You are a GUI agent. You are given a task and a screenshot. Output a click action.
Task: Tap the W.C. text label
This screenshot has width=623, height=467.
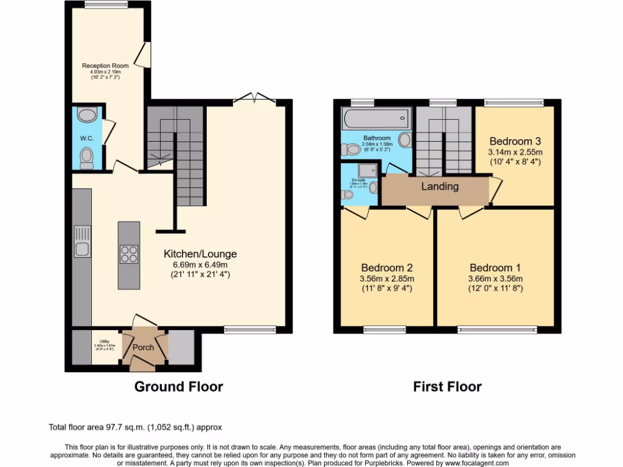86,138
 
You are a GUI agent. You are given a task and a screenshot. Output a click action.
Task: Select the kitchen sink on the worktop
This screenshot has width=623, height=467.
82,241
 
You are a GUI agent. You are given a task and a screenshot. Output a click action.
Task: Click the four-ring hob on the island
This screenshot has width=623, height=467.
129,254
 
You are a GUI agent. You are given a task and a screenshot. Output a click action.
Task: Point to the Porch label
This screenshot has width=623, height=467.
144,348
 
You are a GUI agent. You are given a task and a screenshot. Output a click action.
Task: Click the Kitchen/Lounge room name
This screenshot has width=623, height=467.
200,254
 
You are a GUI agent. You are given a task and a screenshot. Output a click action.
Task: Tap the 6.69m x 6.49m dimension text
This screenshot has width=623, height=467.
200,265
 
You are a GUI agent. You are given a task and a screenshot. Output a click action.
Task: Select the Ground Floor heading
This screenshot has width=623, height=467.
178,387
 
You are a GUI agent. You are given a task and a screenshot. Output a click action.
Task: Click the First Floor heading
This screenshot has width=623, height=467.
447,387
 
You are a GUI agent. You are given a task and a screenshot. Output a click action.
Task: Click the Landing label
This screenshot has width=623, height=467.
439,187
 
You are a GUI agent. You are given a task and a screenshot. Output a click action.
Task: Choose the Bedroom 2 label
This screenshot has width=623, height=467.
387,268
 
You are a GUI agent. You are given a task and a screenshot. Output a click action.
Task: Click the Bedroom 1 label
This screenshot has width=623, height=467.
495,268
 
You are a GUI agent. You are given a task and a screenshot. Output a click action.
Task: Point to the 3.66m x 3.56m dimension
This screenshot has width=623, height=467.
495,278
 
